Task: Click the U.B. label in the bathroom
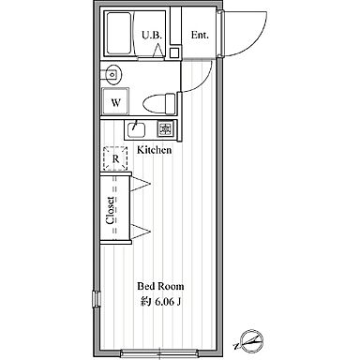[x=152, y=35]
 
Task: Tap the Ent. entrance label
[x=200, y=35]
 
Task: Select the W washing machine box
[x=115, y=102]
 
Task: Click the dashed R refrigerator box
[x=115, y=158]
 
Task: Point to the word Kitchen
[x=155, y=150]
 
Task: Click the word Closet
[x=110, y=210]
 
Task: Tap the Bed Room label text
[x=160, y=286]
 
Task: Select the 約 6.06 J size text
[x=160, y=302]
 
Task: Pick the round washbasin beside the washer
[x=112, y=75]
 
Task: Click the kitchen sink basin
[x=136, y=129]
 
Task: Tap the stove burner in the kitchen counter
[x=165, y=128]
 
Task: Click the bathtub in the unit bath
[x=118, y=34]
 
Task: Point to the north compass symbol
[x=250, y=341]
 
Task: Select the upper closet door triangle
[x=141, y=183]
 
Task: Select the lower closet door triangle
[x=141, y=232]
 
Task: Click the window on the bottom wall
[x=159, y=352]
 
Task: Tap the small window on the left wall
[x=97, y=298]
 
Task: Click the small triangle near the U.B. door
[x=157, y=51]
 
